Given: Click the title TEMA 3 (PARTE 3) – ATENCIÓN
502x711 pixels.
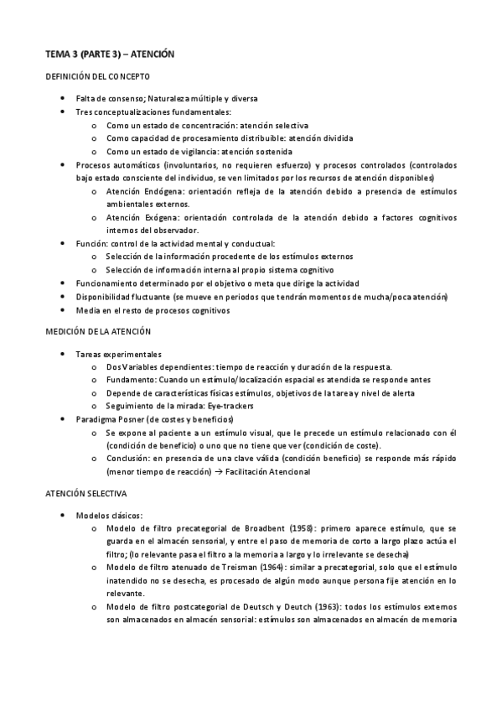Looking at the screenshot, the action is [109, 54].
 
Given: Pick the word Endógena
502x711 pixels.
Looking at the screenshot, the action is [165, 192].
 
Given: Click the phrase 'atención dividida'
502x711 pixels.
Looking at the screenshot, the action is [321, 138].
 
